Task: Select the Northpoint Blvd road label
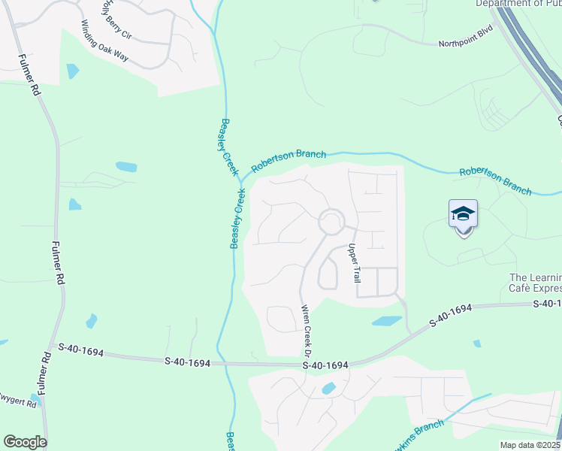[x=469, y=43]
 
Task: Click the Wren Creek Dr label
[x=307, y=331]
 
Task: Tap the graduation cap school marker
[x=463, y=215]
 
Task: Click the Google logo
[x=25, y=442]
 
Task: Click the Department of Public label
[x=518, y=4]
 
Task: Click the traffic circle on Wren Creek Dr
[x=331, y=222]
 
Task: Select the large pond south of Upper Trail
[x=386, y=321]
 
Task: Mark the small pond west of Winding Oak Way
[x=72, y=71]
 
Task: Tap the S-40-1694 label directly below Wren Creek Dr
[x=325, y=365]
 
